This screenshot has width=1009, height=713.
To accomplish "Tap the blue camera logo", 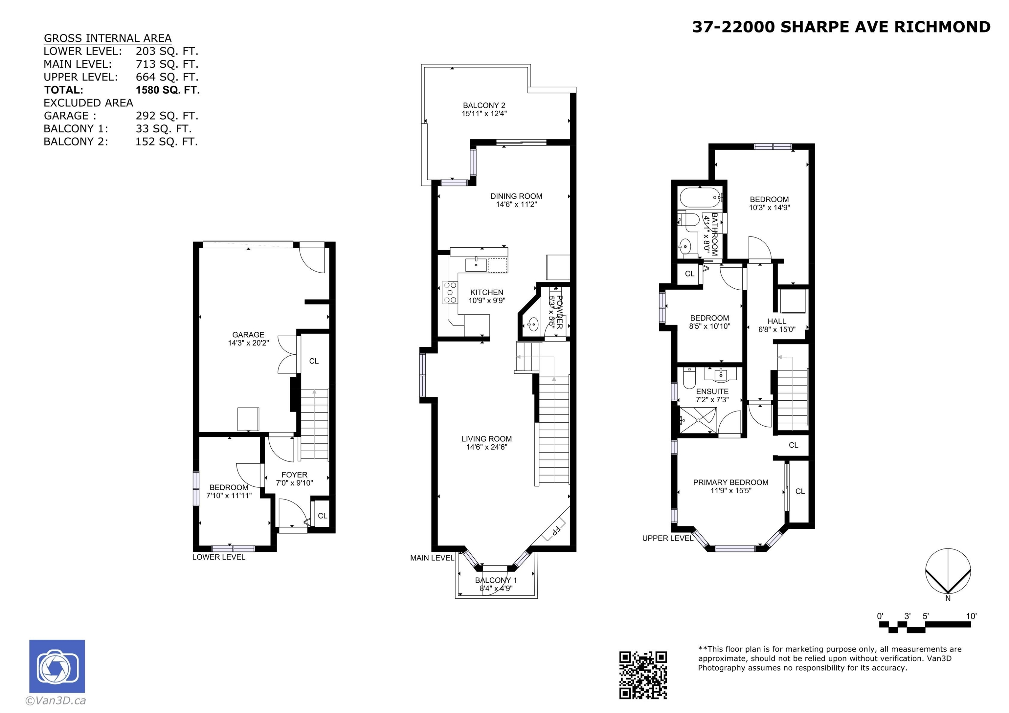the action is pyautogui.click(x=57, y=666).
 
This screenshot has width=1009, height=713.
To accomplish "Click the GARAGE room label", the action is pyautogui.click(x=248, y=334).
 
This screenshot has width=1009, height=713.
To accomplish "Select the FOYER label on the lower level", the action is pyautogui.click(x=294, y=475).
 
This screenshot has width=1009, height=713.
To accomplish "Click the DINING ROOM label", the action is pyautogui.click(x=516, y=196).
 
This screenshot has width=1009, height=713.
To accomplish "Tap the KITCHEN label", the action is pyautogui.click(x=486, y=292).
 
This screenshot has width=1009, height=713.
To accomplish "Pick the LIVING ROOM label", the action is pyautogui.click(x=486, y=438).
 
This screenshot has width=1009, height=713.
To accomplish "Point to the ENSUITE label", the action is pyautogui.click(x=712, y=391).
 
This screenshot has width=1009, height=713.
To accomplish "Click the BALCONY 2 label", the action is pyautogui.click(x=484, y=105).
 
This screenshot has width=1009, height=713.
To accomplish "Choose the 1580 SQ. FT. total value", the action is pyautogui.click(x=168, y=90).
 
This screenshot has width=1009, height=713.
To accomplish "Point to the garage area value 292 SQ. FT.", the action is pyautogui.click(x=167, y=116).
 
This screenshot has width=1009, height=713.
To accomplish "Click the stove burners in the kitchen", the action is pyautogui.click(x=450, y=293).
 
